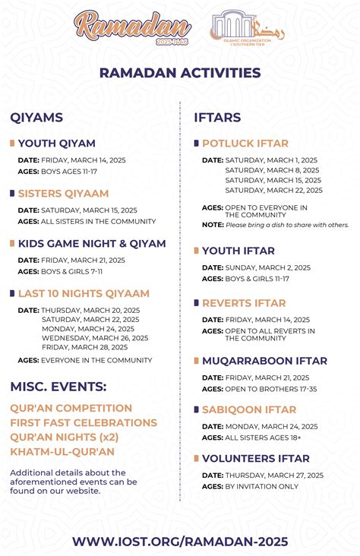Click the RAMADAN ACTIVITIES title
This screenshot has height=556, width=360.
180,73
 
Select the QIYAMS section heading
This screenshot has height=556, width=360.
36,118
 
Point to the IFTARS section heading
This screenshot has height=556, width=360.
218,118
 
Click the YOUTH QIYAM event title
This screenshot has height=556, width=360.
56,143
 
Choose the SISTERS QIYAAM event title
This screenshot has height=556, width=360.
63,194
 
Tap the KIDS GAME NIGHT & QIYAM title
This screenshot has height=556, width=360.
91,244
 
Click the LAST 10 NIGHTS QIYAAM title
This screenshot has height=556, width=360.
84,293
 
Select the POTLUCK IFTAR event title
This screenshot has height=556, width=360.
245,143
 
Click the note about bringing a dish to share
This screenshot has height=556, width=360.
286,225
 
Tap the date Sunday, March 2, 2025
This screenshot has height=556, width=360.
267,267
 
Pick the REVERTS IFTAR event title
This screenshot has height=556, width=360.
243,303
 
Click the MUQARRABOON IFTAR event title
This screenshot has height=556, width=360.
264,361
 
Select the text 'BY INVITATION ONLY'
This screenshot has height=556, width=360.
261,486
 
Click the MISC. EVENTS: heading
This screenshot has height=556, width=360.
58,387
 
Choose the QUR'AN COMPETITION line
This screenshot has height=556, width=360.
71,408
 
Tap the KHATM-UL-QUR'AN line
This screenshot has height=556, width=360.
62,451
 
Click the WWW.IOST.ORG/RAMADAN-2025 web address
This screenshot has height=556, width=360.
180,541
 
